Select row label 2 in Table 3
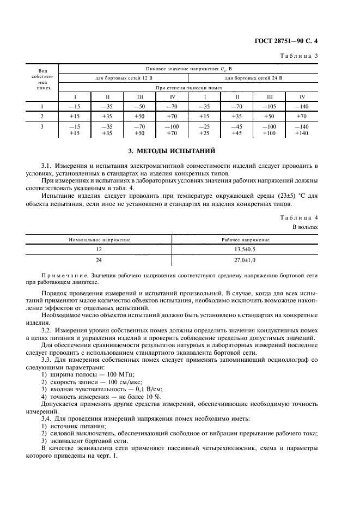42,116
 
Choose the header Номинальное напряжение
99,240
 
